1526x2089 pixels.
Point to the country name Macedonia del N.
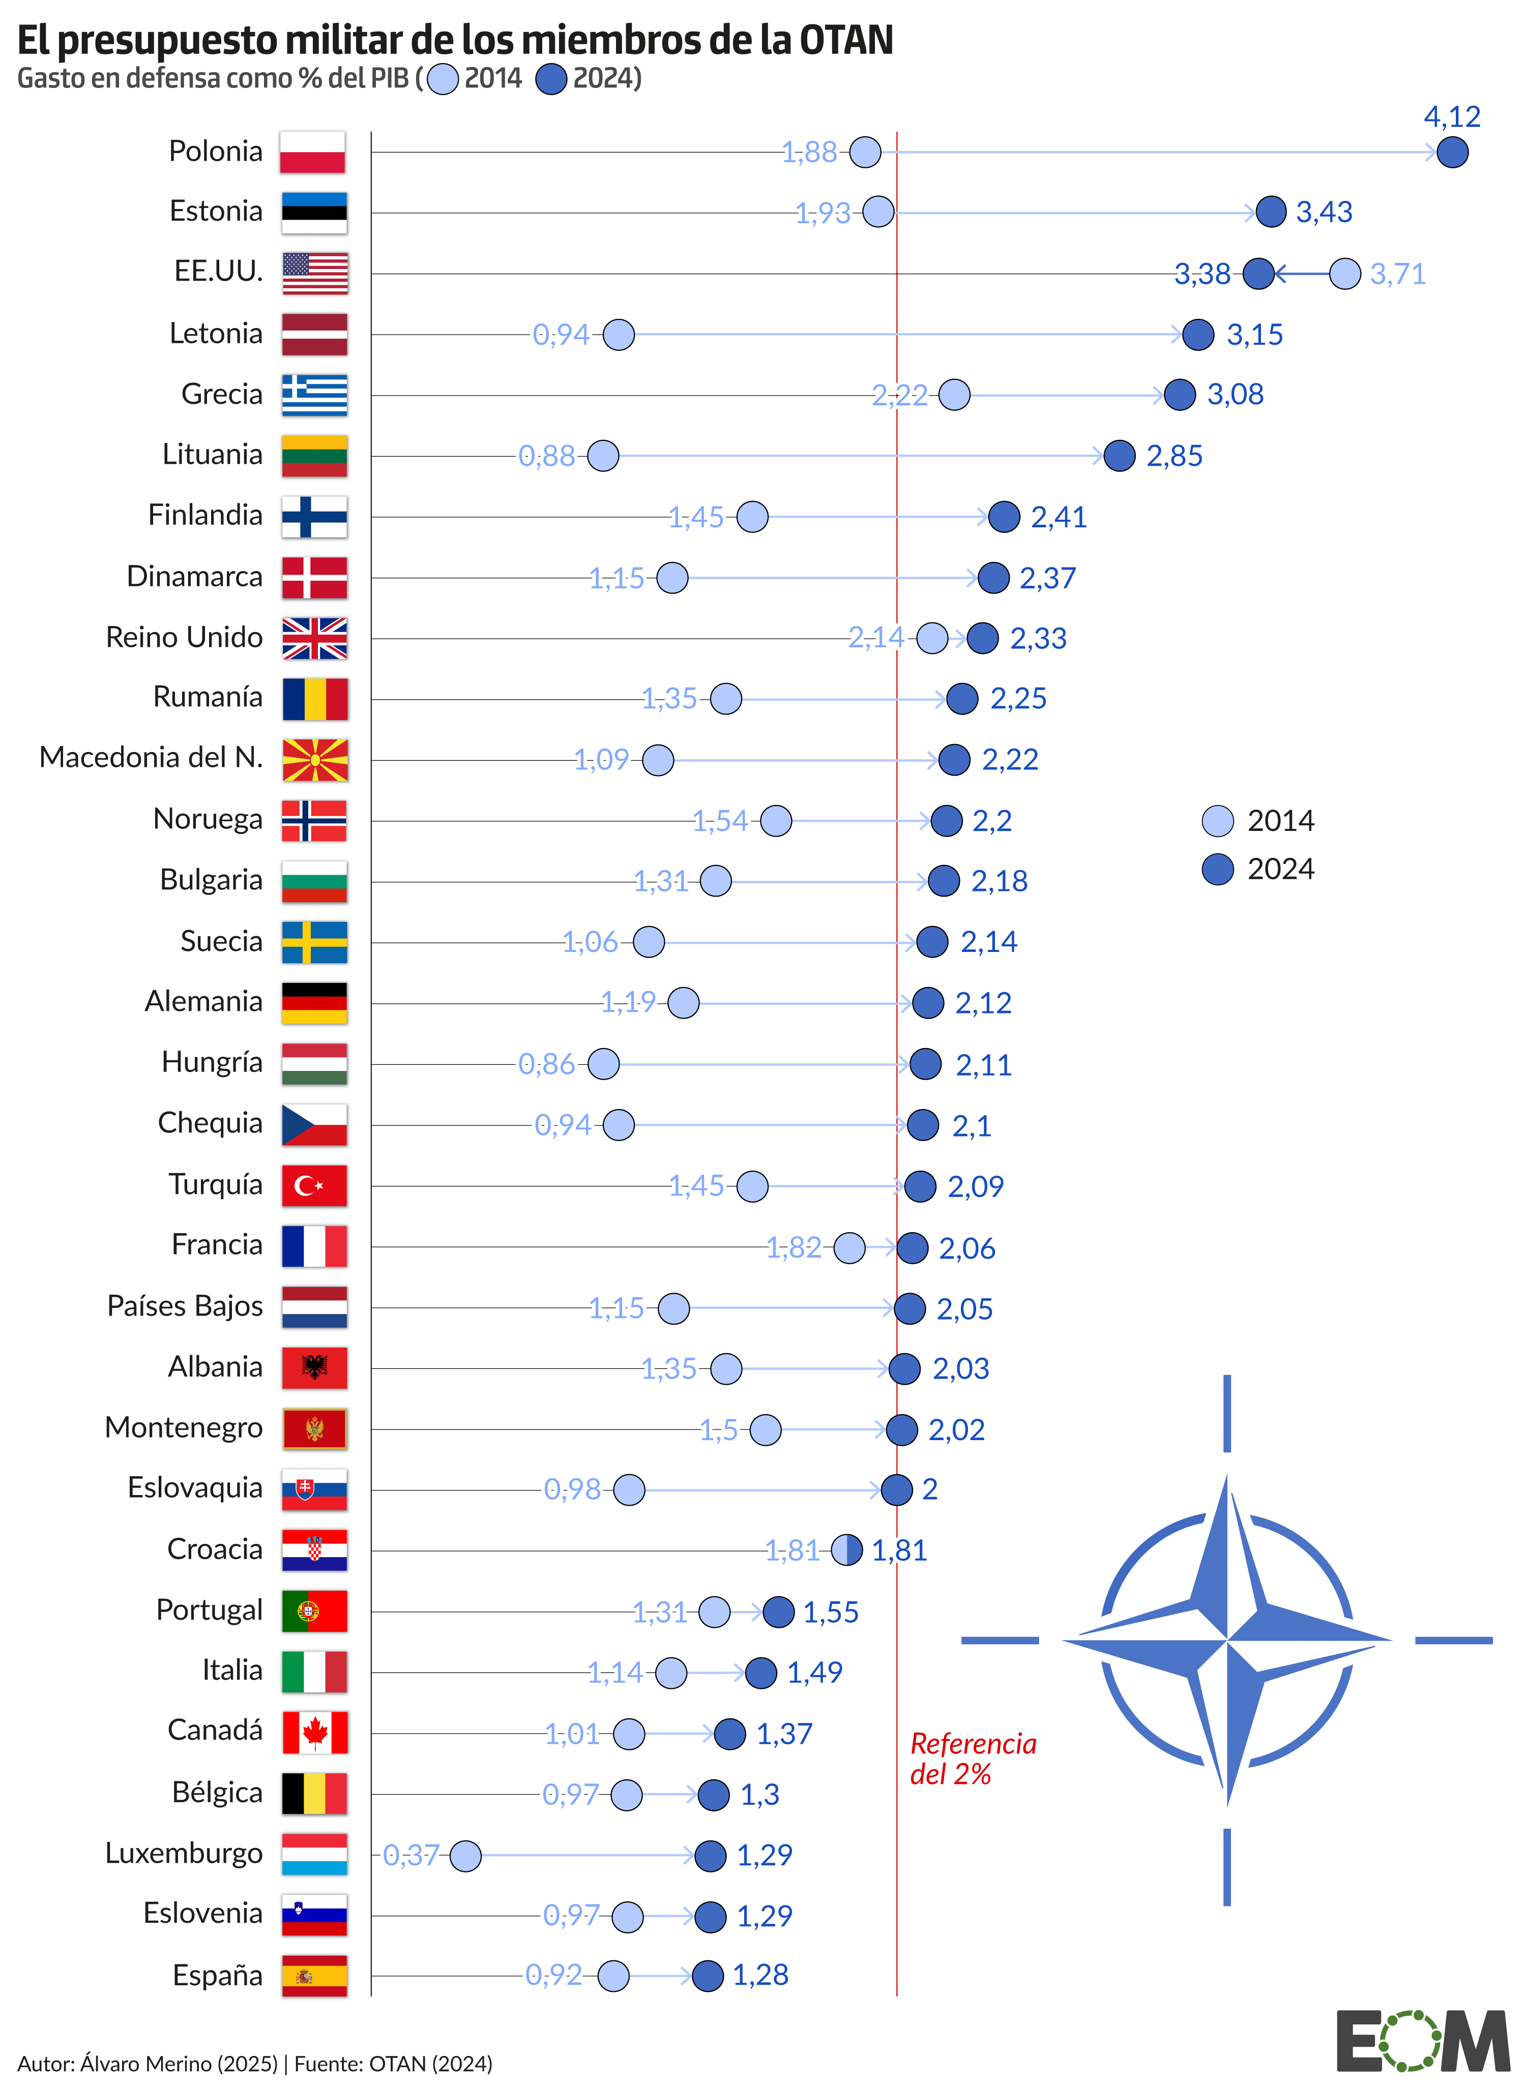pyautogui.click(x=151, y=757)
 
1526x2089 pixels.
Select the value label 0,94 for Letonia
pyautogui.click(x=561, y=334)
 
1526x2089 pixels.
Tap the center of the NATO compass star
pyautogui.click(x=1227, y=1640)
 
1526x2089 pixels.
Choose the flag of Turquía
pyautogui.click(x=314, y=1185)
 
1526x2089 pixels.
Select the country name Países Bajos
pyautogui.click(x=185, y=1306)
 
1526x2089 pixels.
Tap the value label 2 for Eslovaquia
pyautogui.click(x=929, y=1489)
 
